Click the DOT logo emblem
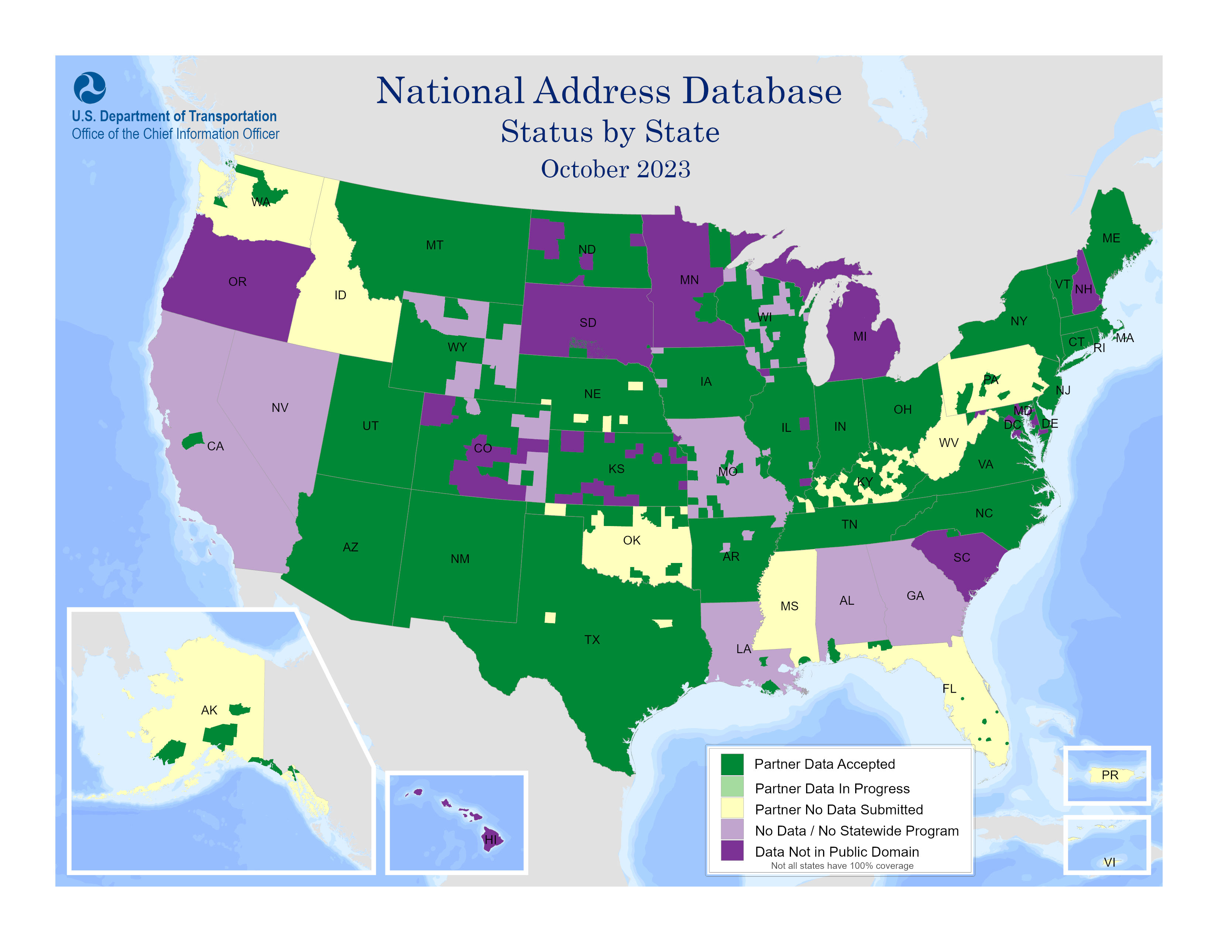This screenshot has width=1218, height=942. (x=89, y=88)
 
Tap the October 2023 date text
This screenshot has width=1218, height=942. (x=615, y=169)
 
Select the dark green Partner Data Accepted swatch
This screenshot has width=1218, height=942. (x=732, y=764)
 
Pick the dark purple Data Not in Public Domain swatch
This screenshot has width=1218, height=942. (x=732, y=851)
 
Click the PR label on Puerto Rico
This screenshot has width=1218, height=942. (x=1109, y=775)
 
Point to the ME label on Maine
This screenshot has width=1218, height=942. (x=1111, y=238)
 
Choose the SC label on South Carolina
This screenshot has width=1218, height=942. (x=961, y=557)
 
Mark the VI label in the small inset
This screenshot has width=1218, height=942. (x=1109, y=862)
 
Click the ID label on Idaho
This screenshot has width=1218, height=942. (x=340, y=295)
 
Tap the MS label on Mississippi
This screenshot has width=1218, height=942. (x=789, y=606)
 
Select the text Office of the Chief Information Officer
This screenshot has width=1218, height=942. (x=175, y=134)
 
